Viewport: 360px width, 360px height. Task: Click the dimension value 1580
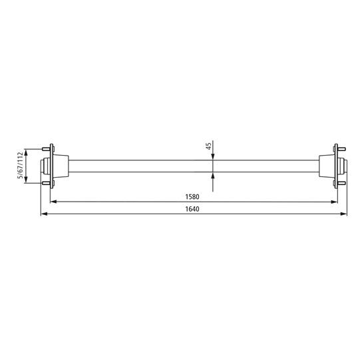click(194, 198)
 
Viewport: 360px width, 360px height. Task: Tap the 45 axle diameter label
click(208, 146)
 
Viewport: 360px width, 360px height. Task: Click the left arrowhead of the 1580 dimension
click(55, 202)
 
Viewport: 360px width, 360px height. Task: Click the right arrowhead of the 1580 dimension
click(333, 202)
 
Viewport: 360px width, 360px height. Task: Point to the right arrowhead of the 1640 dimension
click(345, 214)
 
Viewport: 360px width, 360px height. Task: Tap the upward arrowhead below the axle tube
click(212, 175)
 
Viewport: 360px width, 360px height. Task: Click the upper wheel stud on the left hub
click(48, 148)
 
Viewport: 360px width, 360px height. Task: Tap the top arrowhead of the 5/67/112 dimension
click(27, 150)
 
